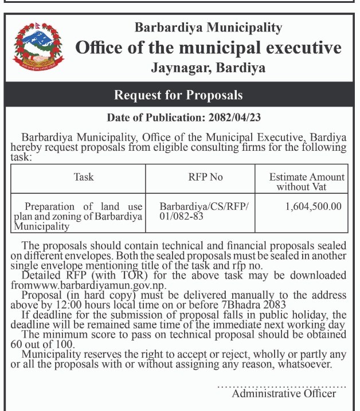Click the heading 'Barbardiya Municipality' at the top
click(208, 27)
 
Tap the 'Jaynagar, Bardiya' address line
click(208, 68)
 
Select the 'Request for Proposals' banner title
click(178, 95)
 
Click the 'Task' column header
click(84, 177)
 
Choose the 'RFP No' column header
click(205, 177)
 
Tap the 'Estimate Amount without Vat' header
click(306, 182)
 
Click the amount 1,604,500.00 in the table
click(313, 206)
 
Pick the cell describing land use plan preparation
click(78, 216)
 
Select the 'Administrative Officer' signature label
click(284, 393)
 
